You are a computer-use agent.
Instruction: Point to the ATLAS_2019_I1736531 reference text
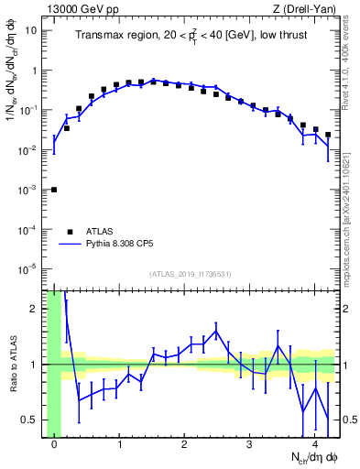[191, 274]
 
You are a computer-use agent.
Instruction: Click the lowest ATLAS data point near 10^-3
[54, 190]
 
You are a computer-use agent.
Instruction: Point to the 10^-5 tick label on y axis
[27, 268]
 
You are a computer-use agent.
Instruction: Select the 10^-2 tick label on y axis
[27, 149]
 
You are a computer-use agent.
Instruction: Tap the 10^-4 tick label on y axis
[27, 229]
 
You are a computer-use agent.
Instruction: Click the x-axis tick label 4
[315, 446]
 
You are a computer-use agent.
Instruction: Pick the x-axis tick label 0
[55, 446]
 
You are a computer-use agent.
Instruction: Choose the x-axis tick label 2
[185, 446]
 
